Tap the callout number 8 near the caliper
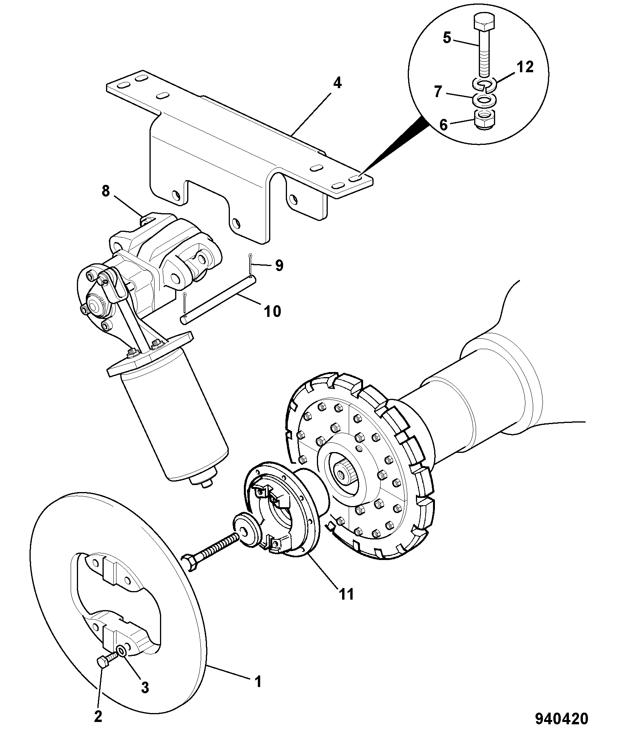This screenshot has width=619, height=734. (106, 191)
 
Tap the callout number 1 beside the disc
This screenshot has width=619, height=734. (257, 681)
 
